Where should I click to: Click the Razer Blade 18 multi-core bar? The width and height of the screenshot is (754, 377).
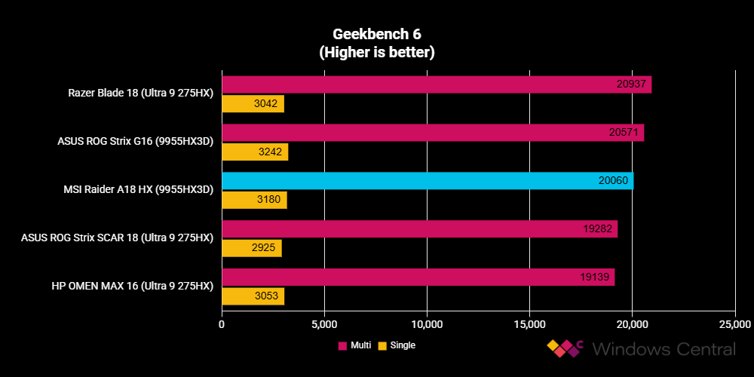tap(436, 84)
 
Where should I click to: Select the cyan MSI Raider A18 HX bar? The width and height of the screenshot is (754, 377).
tap(427, 181)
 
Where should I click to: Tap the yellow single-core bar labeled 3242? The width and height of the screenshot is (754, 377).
tap(255, 152)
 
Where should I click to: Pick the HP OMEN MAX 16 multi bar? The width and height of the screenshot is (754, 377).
tap(418, 277)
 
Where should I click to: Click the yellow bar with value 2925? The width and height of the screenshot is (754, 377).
tap(251, 249)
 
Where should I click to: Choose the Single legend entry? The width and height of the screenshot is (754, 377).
tap(397, 345)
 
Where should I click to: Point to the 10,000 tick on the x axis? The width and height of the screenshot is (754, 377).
tap(427, 324)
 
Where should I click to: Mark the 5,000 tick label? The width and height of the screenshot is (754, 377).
tap(324, 324)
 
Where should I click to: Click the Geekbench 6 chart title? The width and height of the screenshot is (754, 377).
tap(377, 35)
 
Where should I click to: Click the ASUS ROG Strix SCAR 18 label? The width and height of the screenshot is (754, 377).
tap(118, 238)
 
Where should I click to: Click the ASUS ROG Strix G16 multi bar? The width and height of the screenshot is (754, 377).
tap(433, 133)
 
